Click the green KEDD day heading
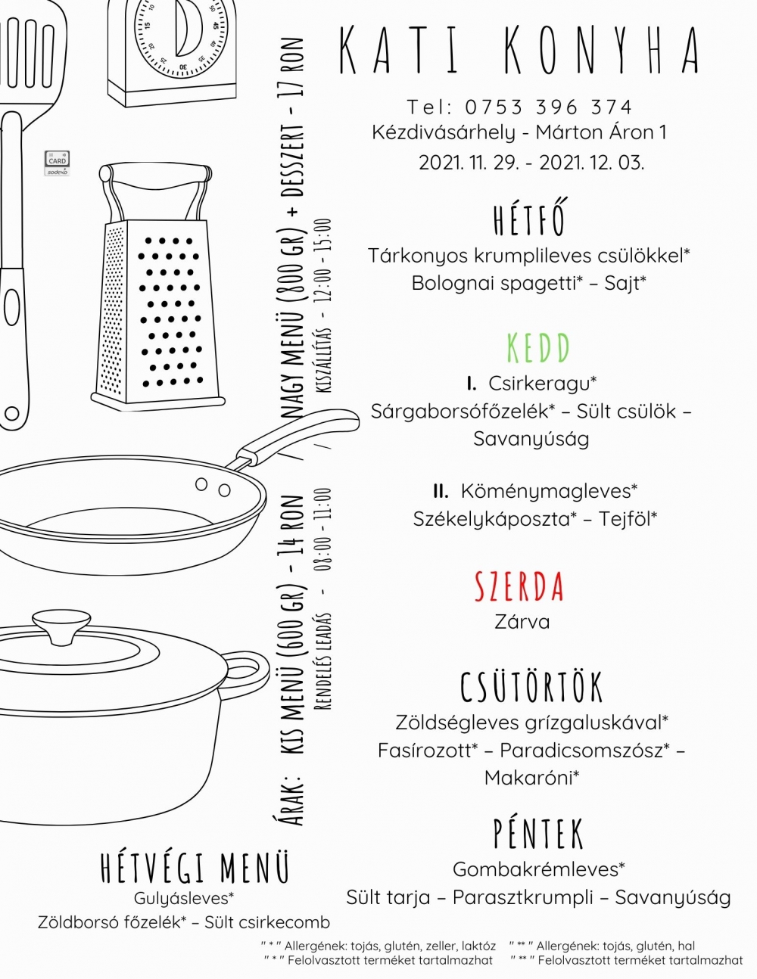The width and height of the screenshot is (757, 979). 538,348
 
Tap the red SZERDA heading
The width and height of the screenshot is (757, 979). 519,586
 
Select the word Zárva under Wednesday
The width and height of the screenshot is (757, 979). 522,622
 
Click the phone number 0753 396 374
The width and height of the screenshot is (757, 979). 548,107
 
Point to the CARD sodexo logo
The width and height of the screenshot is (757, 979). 57,163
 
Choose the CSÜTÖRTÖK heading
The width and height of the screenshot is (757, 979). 531,687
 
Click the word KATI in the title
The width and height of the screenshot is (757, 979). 399,50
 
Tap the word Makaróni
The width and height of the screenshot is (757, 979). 528,778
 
